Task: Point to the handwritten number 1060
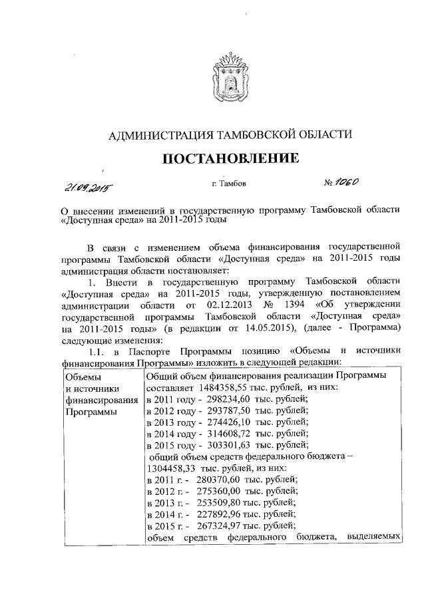click(347, 181)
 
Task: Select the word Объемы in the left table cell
click(84, 376)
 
